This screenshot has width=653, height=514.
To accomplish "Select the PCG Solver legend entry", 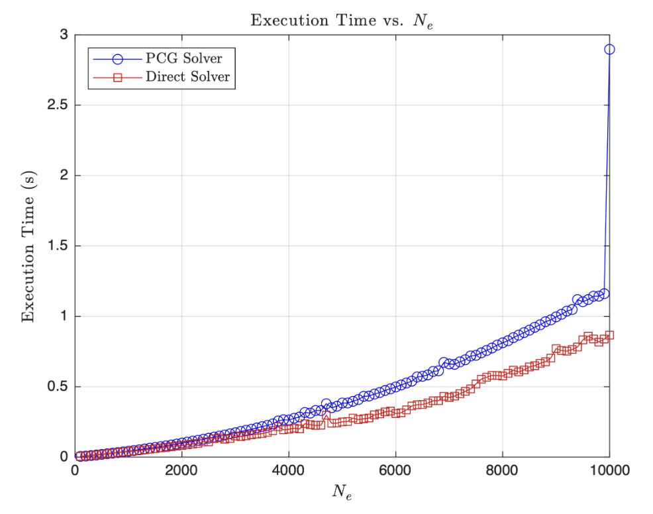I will (x=183, y=58).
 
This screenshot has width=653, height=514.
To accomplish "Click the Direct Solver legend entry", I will (x=187, y=77).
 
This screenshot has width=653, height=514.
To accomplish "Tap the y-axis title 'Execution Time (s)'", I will (x=28, y=246).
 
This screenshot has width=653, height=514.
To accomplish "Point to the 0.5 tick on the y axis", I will (x=58, y=387).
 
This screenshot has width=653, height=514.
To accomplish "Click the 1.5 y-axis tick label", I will (x=58, y=246).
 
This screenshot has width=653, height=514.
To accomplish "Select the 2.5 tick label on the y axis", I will (x=58, y=105).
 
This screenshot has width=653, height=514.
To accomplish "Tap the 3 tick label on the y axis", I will (x=64, y=35).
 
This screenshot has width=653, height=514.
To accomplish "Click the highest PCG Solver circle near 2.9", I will (x=609, y=49).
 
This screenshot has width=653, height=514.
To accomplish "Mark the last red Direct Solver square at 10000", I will (x=609, y=335).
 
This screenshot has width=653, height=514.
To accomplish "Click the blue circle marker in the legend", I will (x=118, y=58).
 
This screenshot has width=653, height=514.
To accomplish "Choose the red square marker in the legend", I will (x=118, y=77).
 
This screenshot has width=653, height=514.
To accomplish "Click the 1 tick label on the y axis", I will (x=64, y=317).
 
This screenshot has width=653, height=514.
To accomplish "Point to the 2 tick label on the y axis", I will (x=64, y=176).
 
